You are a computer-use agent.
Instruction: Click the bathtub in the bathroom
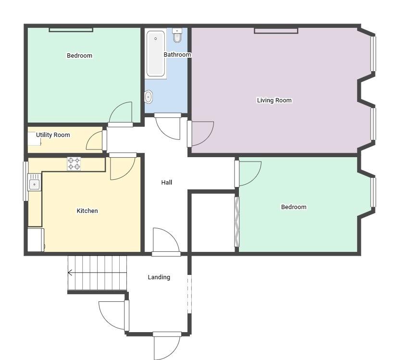(156, 53)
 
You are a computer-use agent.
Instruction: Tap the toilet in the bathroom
(177, 35)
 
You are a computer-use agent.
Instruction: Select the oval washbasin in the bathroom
(149, 97)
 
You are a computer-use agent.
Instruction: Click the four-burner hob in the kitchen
(74, 163)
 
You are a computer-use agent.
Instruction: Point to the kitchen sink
(34, 182)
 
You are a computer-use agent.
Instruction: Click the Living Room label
(274, 100)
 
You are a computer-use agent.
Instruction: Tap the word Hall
(167, 183)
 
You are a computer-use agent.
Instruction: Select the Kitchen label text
(87, 211)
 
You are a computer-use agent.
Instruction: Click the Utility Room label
(53, 135)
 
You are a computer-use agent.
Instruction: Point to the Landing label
(159, 277)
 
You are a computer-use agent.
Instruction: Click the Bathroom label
(177, 55)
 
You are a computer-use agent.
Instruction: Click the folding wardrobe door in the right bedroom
(237, 222)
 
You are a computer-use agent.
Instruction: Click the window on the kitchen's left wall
(25, 181)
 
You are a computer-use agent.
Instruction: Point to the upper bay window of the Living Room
(374, 54)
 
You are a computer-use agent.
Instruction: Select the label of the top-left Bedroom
(80, 55)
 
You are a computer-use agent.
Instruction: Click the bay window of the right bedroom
(374, 192)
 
